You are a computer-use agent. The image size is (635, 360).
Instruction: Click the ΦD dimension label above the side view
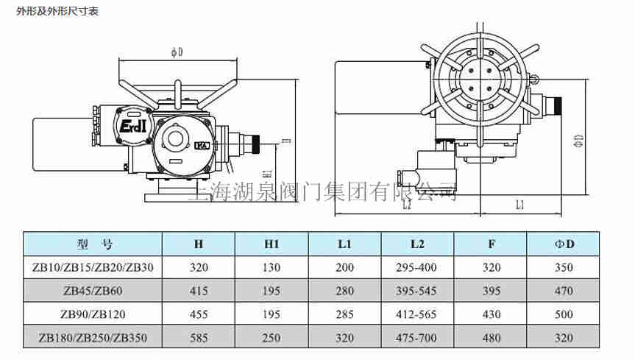(177, 52)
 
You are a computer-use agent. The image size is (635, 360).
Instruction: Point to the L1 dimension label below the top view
(519, 205)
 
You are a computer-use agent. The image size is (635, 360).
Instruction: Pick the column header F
(491, 243)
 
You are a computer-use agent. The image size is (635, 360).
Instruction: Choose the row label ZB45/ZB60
(93, 290)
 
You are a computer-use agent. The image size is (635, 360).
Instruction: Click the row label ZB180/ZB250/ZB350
(93, 338)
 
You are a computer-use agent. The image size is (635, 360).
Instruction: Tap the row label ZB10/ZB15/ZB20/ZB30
(93, 267)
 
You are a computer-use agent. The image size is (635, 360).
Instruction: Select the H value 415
(199, 290)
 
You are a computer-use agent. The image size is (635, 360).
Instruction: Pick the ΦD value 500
(564, 314)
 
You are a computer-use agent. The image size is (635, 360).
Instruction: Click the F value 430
(491, 314)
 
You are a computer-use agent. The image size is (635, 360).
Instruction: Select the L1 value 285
(345, 314)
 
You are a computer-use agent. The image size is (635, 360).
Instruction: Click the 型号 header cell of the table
(93, 243)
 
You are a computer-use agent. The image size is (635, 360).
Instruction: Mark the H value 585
(199, 338)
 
